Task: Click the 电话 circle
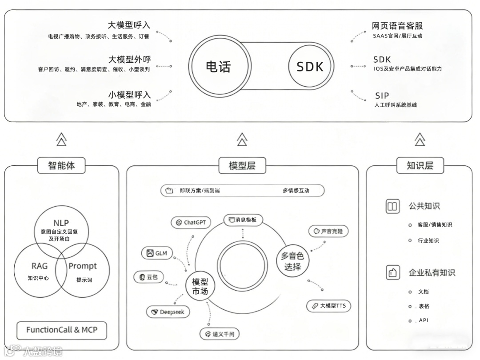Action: [218, 67]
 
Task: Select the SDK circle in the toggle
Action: [310, 67]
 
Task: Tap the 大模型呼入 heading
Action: [129, 25]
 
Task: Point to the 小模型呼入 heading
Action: [129, 95]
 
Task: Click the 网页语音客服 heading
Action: [397, 26]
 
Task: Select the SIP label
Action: [382, 95]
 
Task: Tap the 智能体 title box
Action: [61, 166]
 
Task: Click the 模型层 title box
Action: [242, 166]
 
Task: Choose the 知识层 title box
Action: [420, 166]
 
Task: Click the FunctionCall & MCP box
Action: [61, 330]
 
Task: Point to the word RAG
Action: [39, 266]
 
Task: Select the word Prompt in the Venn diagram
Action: [83, 266]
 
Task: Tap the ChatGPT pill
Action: [191, 222]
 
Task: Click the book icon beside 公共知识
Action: [392, 206]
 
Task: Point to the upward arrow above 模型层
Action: [242, 139]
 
